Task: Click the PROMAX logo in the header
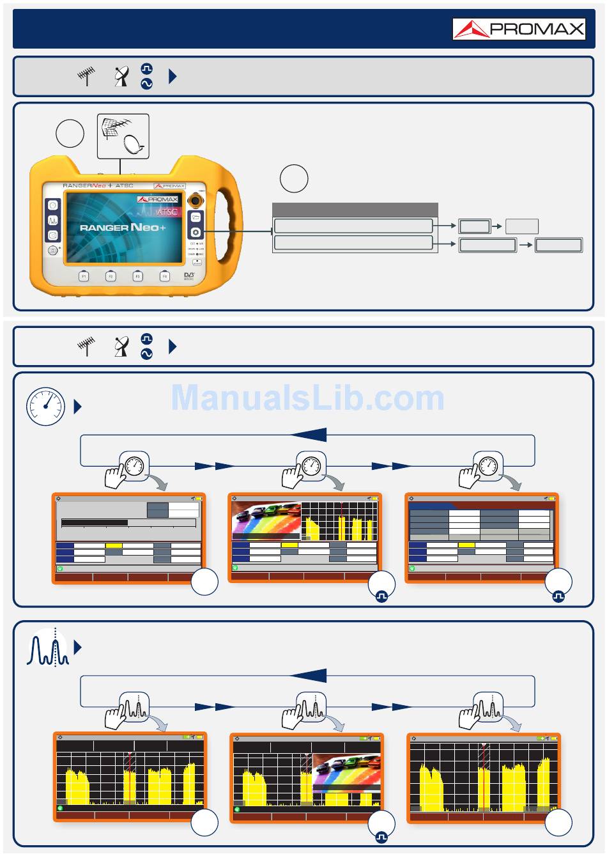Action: (519, 29)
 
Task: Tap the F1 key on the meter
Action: (84, 276)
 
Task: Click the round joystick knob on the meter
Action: (196, 201)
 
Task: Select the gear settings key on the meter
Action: (196, 233)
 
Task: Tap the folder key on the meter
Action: (196, 217)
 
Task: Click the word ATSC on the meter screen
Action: (167, 212)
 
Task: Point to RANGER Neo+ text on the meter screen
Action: (123, 228)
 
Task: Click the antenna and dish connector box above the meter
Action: (123, 136)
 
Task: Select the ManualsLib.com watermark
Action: (307, 398)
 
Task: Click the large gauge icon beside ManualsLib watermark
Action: (45, 407)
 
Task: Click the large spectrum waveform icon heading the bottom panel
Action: (48, 648)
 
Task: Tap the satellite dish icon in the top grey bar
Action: (121, 77)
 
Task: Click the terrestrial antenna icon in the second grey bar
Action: (86, 347)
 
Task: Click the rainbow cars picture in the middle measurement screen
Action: (266, 520)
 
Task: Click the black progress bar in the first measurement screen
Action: (95, 523)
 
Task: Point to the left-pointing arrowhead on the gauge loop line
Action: (309, 435)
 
